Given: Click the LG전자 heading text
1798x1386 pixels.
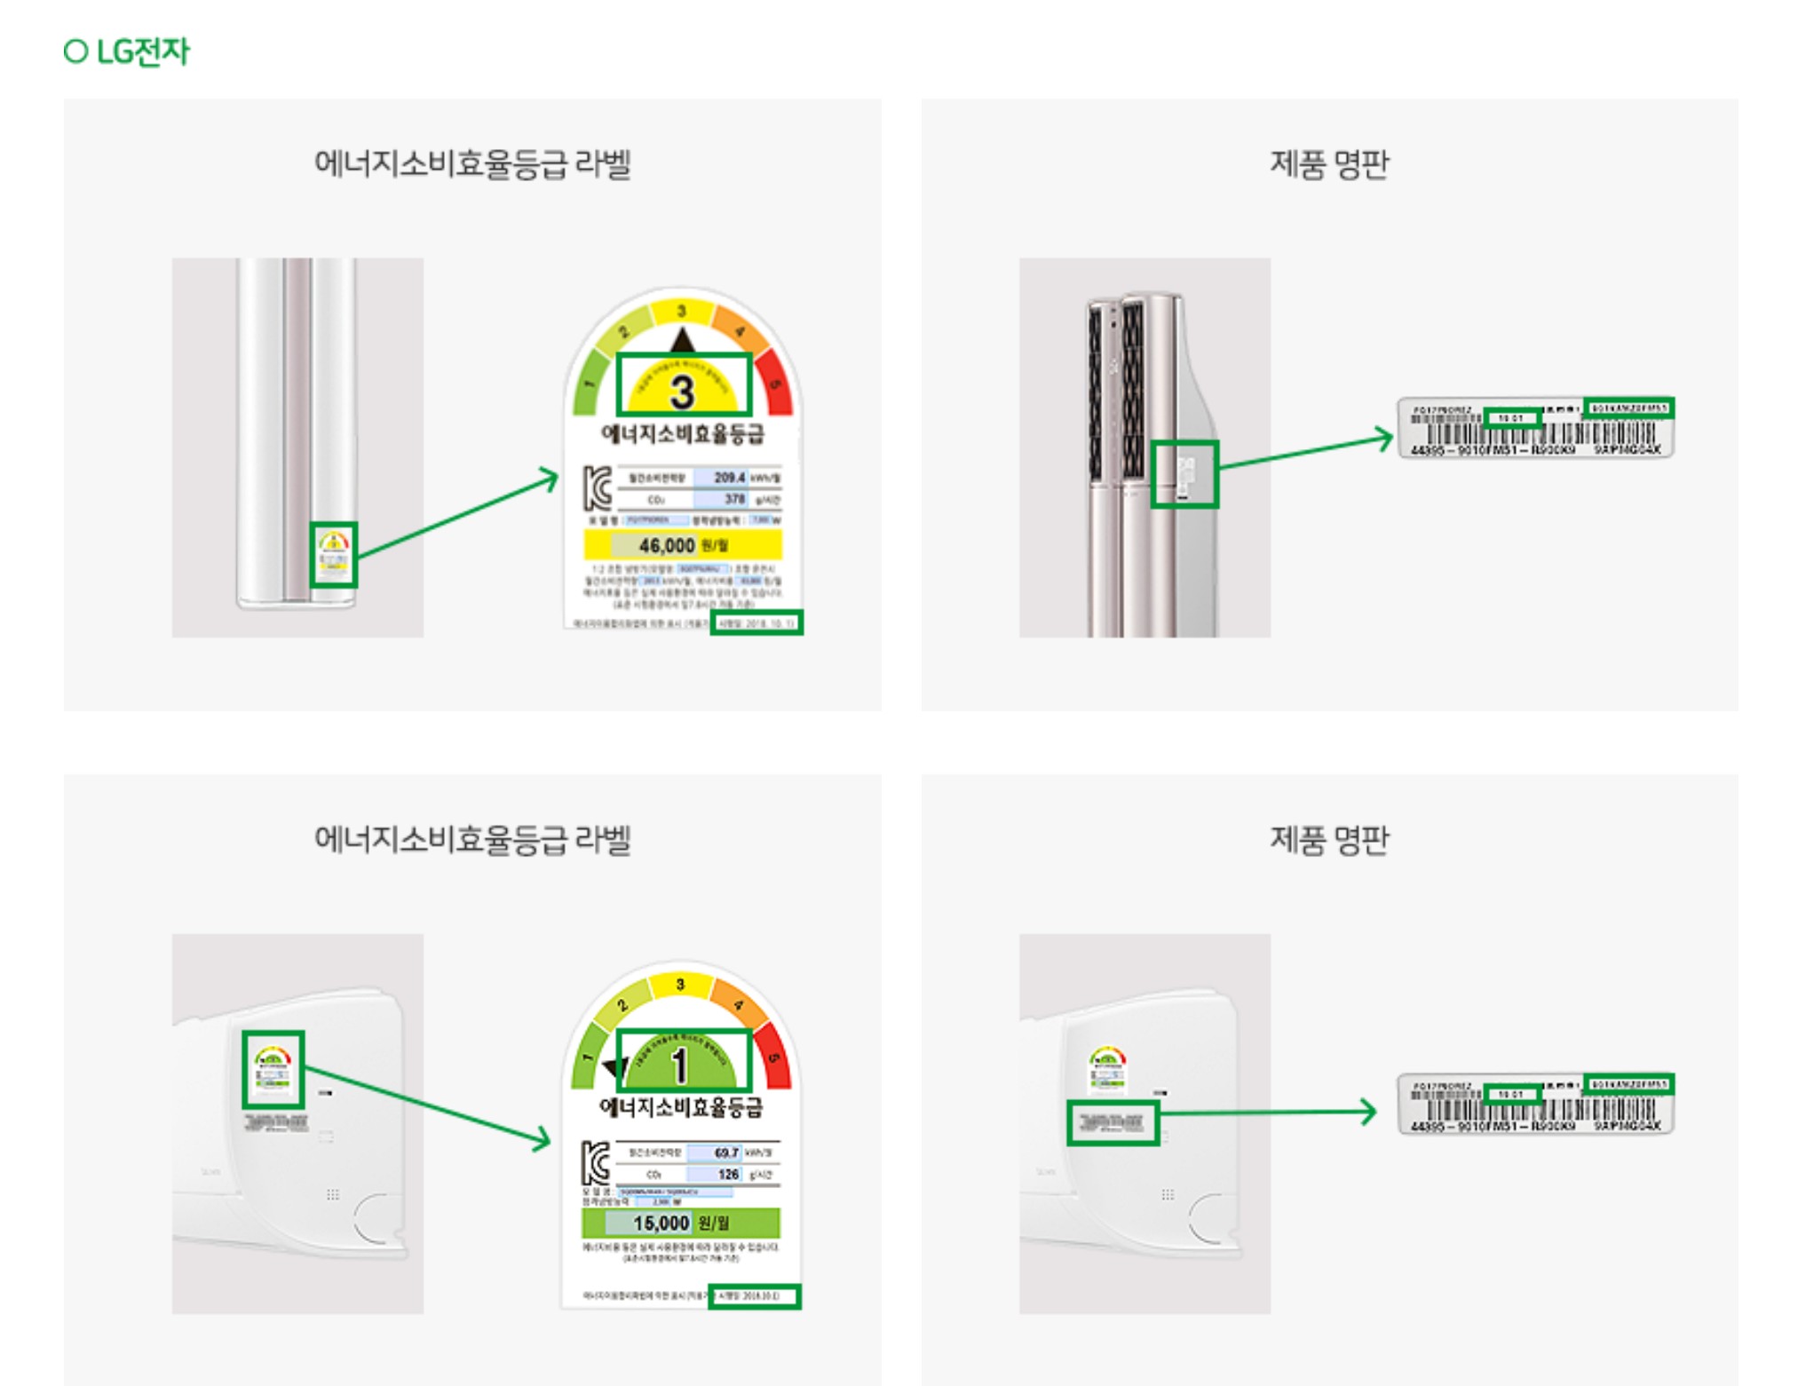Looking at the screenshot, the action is tap(142, 51).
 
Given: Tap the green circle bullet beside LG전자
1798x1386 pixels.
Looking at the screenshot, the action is tap(76, 51).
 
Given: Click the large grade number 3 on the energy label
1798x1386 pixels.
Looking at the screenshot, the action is tap(682, 392).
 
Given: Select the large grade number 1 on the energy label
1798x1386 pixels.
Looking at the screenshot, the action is tap(680, 1065).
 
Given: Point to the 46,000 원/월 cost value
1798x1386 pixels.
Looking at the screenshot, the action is tap(682, 544).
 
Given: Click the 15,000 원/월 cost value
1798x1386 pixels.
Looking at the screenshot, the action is tap(680, 1223).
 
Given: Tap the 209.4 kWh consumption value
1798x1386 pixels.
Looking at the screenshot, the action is tap(729, 478).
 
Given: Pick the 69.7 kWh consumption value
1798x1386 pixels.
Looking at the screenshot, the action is tap(725, 1152).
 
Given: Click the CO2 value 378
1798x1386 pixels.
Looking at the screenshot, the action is tap(733, 499).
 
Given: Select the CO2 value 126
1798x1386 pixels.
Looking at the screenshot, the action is tap(728, 1174).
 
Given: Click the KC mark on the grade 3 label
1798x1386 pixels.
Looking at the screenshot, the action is tap(598, 487).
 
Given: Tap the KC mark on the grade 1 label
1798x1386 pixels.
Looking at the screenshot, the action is tap(596, 1163).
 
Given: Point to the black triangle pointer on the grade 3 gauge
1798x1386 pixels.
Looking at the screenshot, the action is tap(682, 340).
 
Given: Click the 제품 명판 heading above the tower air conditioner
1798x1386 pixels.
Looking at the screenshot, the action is tap(1329, 164).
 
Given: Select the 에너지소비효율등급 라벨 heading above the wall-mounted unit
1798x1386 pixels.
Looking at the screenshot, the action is tap(472, 839).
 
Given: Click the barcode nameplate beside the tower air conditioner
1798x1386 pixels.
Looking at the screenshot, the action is tap(1535, 427).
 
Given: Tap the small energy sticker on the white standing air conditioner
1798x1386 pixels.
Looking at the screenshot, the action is tap(333, 554).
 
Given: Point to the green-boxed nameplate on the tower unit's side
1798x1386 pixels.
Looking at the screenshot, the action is tap(1184, 474).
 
